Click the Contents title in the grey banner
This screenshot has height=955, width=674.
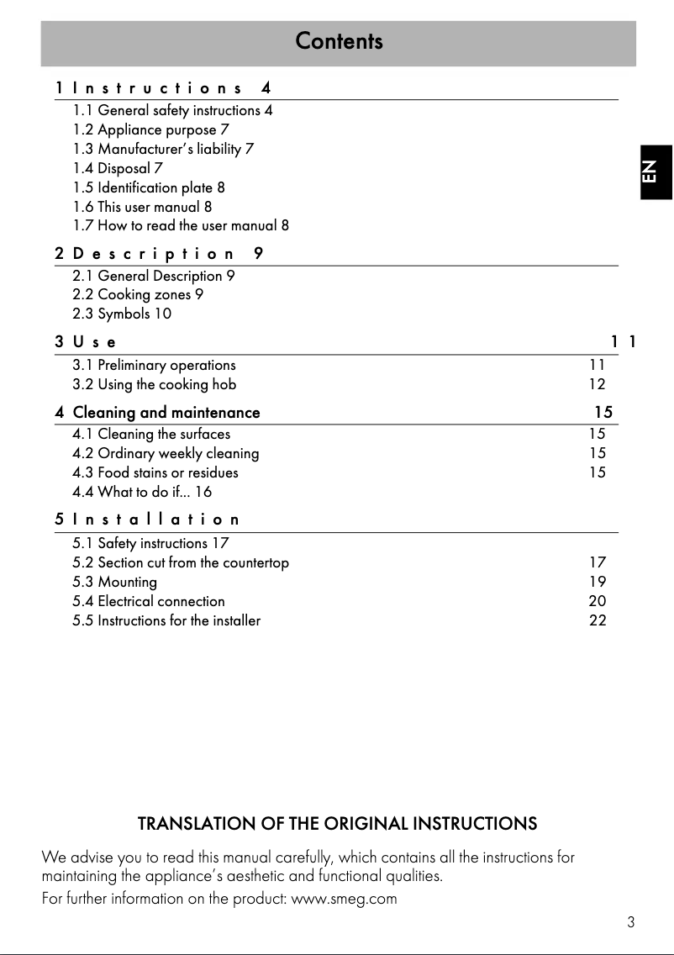coord(339,41)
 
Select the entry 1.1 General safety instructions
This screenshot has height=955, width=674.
coord(172,110)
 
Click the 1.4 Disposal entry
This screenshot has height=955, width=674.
coord(118,168)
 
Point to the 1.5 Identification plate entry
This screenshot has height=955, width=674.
coord(149,187)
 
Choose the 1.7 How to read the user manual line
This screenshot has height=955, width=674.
coord(181,226)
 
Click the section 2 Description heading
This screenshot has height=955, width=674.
coord(160,253)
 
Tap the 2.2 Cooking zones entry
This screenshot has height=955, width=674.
coord(138,294)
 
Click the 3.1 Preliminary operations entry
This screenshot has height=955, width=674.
coord(154,365)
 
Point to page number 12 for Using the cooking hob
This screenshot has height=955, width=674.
coord(597,384)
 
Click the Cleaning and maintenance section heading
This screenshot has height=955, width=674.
coord(166,412)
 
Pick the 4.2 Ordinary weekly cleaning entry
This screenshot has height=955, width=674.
coord(166,453)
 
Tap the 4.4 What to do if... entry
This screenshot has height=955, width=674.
coord(142,492)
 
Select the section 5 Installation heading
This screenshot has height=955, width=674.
coord(148,520)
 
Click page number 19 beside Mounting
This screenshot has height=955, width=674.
coord(597,582)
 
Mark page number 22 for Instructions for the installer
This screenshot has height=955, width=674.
coord(597,620)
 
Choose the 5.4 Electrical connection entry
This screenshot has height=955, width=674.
coord(149,601)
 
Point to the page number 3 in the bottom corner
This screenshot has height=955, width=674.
coord(630,922)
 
